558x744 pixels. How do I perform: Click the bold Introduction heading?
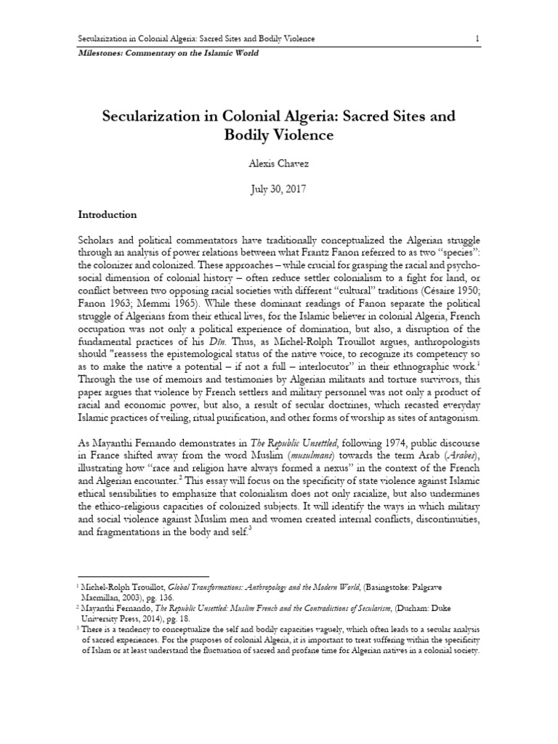pos(108,215)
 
